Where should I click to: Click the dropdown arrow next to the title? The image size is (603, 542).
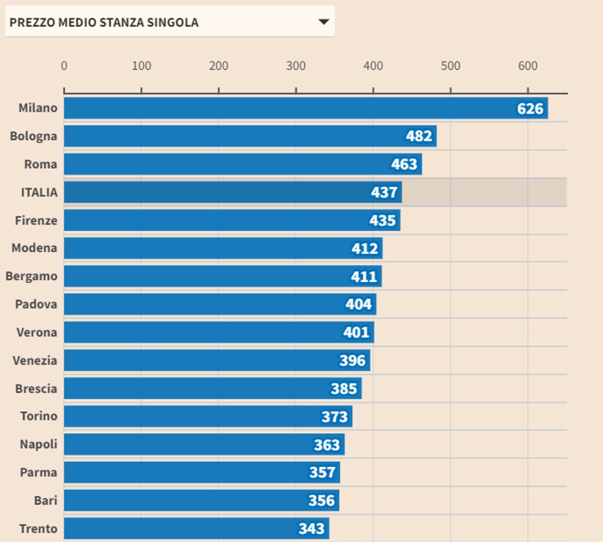click(x=323, y=22)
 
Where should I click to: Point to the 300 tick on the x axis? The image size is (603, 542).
click(x=296, y=66)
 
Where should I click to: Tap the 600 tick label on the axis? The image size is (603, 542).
click(x=528, y=66)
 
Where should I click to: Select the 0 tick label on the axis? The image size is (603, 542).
click(x=64, y=66)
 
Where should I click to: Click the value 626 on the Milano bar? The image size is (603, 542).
click(x=530, y=109)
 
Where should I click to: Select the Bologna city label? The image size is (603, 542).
click(x=33, y=136)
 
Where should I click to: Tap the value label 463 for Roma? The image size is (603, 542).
click(x=404, y=165)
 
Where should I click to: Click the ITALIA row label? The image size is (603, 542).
click(x=39, y=192)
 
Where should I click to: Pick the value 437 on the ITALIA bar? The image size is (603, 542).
click(x=384, y=192)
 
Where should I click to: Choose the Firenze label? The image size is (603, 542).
click(x=36, y=220)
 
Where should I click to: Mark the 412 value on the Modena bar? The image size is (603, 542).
click(x=364, y=249)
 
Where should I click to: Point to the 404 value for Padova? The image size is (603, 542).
click(x=359, y=304)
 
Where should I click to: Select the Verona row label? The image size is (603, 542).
click(x=37, y=332)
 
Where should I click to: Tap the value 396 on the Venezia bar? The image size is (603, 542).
click(x=352, y=361)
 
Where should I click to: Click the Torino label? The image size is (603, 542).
click(x=38, y=416)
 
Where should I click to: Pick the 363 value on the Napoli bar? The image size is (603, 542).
click(x=327, y=445)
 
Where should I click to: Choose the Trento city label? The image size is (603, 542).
click(x=38, y=529)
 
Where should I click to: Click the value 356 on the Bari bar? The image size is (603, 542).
click(x=321, y=500)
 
